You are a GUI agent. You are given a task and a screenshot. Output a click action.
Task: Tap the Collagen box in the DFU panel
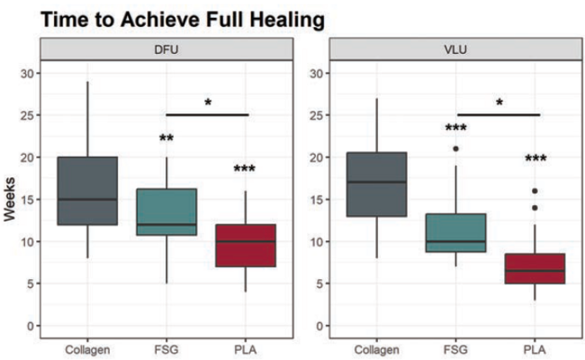[x=87, y=191]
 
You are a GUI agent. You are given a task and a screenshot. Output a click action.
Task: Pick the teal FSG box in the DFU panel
[x=166, y=212]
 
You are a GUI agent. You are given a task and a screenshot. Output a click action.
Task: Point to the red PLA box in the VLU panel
[x=536, y=269]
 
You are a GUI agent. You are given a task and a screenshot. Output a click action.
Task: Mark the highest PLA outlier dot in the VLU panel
[x=536, y=191]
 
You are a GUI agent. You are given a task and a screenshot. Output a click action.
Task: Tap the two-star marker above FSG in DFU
[x=166, y=139]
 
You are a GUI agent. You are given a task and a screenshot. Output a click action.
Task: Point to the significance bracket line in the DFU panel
[x=207, y=115]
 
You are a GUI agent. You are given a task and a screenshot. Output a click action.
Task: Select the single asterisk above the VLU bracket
[x=499, y=103]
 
